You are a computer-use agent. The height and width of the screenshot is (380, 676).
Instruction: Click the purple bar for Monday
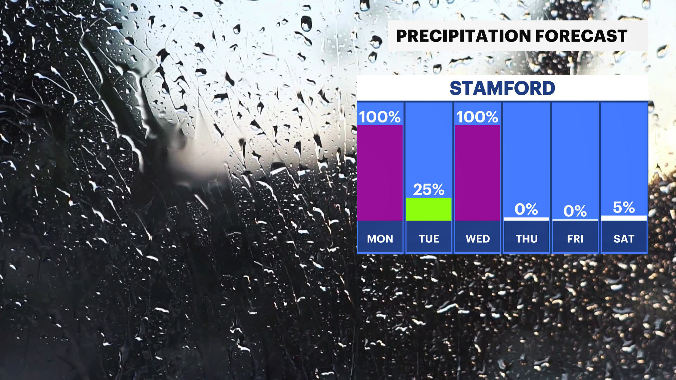coord(380,173)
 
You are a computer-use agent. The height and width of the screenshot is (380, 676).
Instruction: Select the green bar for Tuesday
coord(428,209)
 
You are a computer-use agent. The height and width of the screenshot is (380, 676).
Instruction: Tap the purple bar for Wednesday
coord(477,173)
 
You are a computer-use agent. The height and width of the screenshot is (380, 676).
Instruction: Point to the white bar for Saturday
coord(624,218)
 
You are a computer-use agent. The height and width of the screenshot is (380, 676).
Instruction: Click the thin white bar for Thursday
coord(526,219)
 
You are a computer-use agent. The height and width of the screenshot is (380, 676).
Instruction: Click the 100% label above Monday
coord(380,117)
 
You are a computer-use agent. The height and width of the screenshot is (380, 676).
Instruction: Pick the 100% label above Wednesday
coord(477,117)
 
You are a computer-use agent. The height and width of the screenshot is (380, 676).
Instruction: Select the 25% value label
coord(428,190)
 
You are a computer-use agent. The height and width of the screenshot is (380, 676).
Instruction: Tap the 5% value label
coord(624,207)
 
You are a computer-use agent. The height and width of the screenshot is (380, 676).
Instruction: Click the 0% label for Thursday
coord(526,209)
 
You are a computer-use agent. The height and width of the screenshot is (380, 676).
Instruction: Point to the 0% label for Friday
coord(575,211)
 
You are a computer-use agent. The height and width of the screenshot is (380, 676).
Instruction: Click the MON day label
coord(380,239)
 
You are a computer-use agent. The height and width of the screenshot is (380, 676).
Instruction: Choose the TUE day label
coord(428,239)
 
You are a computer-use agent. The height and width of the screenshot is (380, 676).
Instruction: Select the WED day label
coord(477,239)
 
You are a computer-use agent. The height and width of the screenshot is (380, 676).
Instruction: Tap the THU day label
coord(526,239)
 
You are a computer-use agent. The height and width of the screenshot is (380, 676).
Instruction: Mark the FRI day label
coord(575,239)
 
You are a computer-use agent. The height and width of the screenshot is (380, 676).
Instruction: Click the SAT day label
coord(624,239)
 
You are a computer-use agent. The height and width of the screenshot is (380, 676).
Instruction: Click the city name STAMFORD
coord(502,88)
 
